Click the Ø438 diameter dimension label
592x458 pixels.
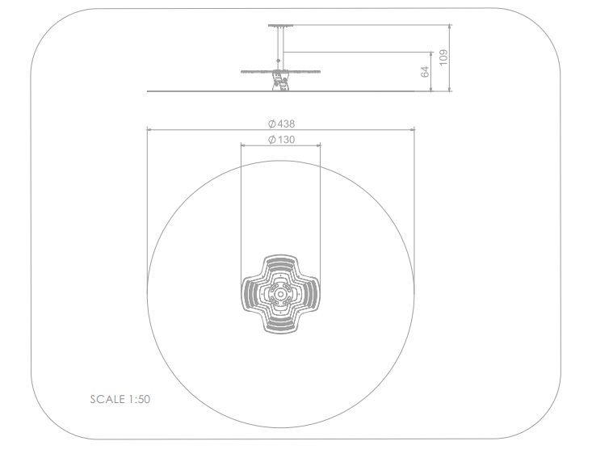[x=281, y=124]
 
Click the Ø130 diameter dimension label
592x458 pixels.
[x=281, y=140]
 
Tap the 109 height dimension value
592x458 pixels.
[x=443, y=57]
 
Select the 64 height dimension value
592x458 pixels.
[x=425, y=72]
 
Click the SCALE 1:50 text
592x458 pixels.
[x=120, y=399]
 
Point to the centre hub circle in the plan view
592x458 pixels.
[x=280, y=294]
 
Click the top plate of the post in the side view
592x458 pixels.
[x=280, y=26]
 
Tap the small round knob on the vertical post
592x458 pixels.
[x=279, y=61]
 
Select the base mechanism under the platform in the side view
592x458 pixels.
[x=280, y=82]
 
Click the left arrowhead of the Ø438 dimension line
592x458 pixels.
[x=149, y=129]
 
